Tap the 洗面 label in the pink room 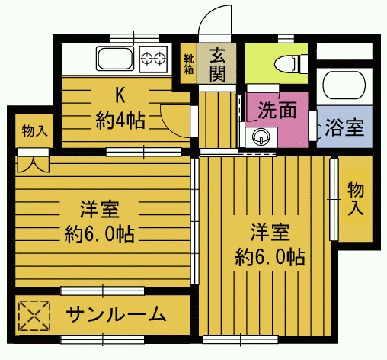coord(276,110)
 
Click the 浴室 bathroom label coord(344,127)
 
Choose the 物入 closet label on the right coord(355,198)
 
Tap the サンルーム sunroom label coord(115,313)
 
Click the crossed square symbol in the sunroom coord(34,313)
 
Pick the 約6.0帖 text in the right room coord(270,256)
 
